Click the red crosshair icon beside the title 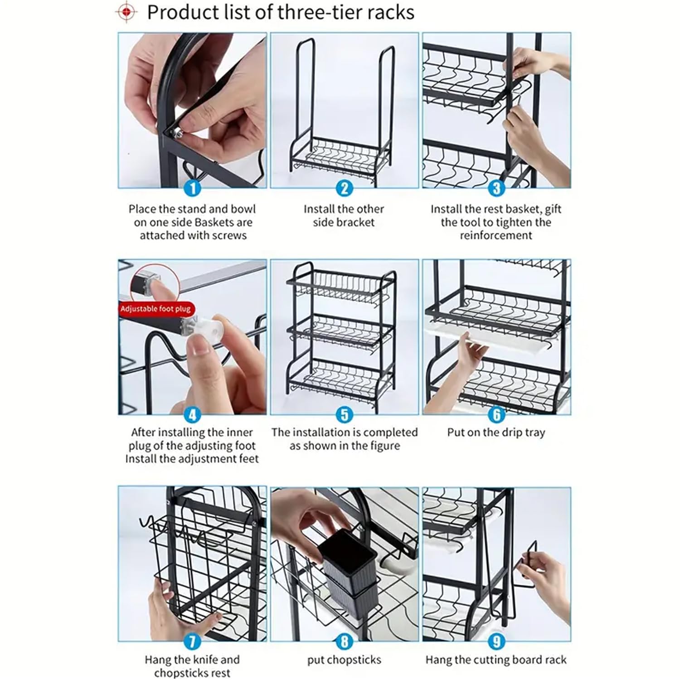click(x=126, y=12)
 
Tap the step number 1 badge click(x=193, y=188)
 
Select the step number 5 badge click(x=345, y=414)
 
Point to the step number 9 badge click(x=496, y=641)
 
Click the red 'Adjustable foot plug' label click(x=155, y=309)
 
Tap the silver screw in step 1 click(x=176, y=132)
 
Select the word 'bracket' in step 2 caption click(x=358, y=222)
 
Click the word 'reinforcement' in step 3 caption click(x=496, y=235)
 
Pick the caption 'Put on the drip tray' click(x=496, y=432)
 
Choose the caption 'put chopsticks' click(x=344, y=660)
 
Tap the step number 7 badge click(x=193, y=641)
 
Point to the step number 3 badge click(x=496, y=188)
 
